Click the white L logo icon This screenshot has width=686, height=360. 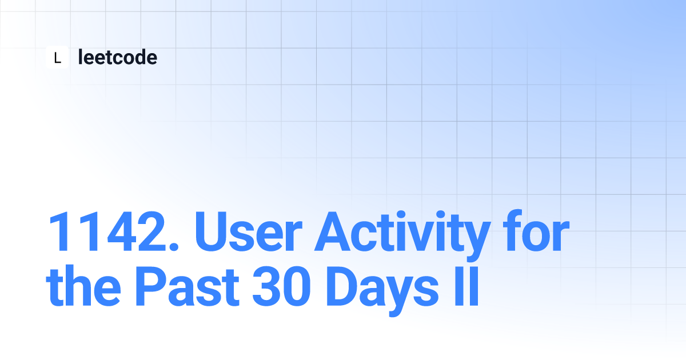click(57, 57)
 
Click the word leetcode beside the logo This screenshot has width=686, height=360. click(118, 57)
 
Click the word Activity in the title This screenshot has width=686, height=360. click(402, 235)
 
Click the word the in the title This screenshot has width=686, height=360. click(83, 286)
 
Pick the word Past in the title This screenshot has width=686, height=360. click(187, 286)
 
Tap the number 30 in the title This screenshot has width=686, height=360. click(281, 286)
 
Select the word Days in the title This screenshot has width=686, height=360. click(382, 291)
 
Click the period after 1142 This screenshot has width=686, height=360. click(174, 246)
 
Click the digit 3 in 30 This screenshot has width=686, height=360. click(266, 286)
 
